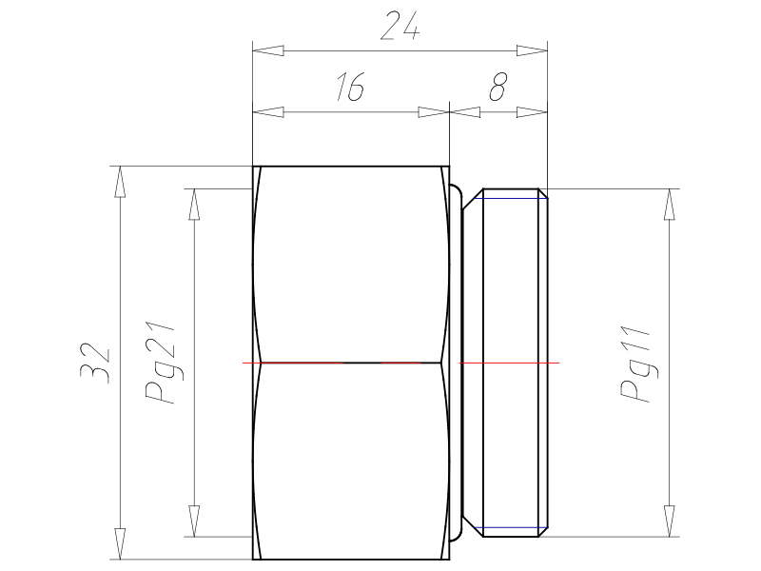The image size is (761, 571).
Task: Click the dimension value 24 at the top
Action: coord(400,26)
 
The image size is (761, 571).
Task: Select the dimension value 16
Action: coord(350,87)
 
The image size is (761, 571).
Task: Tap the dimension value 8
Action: coord(498,87)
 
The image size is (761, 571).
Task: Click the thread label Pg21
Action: coord(160,363)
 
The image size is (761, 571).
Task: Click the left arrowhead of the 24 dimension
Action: coord(268,50)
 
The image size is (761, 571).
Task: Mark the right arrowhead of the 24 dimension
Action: coord(532,50)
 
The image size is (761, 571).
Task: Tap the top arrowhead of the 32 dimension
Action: coord(120,182)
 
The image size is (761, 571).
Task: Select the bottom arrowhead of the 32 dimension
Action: coord(120,543)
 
